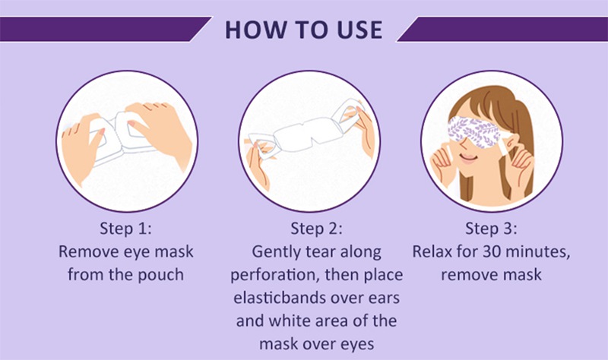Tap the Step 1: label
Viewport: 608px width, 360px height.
pos(125,229)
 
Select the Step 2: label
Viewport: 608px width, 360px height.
pos(316,229)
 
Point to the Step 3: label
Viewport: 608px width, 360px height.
pos(491,229)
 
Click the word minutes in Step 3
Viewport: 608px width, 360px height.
pos(538,253)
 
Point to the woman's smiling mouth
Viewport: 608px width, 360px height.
pos(468,158)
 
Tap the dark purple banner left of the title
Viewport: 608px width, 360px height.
pos(104,29)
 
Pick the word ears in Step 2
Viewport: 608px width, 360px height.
pos(384,298)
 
